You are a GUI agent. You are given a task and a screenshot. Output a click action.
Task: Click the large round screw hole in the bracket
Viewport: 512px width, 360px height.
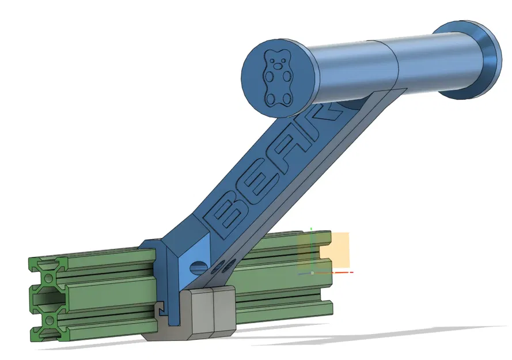[197, 268]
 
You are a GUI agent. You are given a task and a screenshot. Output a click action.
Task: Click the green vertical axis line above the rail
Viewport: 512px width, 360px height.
[312, 248]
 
